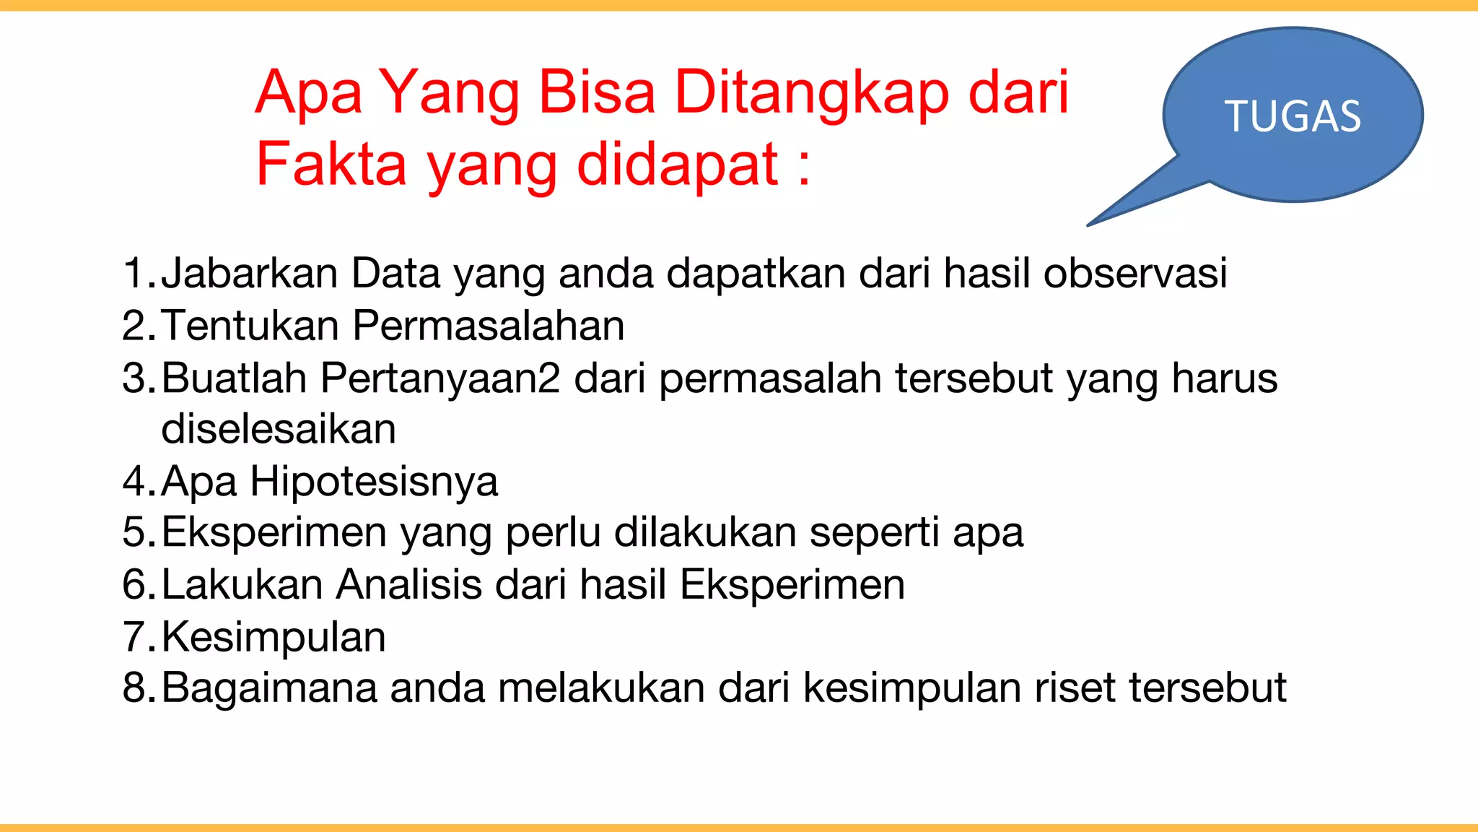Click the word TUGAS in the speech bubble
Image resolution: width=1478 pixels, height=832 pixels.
click(x=1293, y=116)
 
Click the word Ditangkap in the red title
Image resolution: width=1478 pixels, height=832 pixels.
click(x=813, y=92)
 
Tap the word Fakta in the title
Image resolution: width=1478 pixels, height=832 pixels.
click(x=331, y=164)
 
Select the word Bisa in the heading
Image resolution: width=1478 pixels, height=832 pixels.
click(x=597, y=92)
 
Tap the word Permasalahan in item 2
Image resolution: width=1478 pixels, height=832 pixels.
click(x=489, y=326)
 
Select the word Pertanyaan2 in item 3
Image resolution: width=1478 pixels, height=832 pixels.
click(x=440, y=378)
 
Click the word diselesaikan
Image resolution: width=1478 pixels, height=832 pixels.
click(x=279, y=429)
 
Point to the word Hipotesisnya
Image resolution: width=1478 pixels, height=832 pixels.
click(x=374, y=482)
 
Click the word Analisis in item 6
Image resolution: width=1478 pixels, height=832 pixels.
click(x=409, y=584)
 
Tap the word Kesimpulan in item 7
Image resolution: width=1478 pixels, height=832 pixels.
click(x=274, y=637)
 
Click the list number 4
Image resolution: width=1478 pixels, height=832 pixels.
click(x=135, y=481)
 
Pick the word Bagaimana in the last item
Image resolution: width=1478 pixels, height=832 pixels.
click(x=269, y=688)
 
